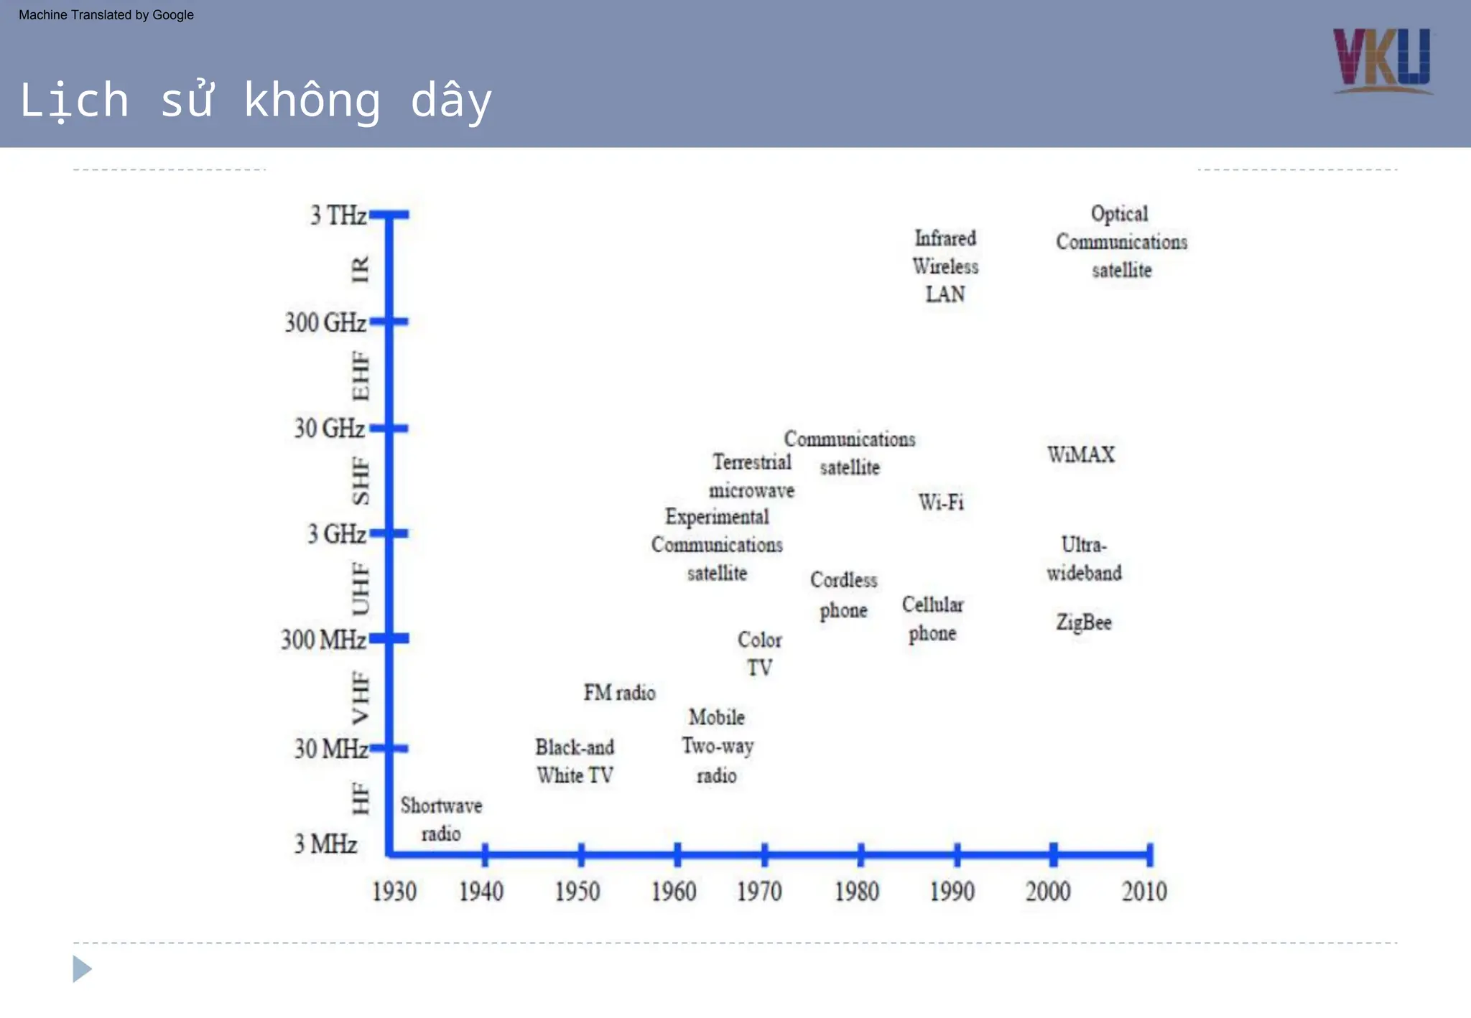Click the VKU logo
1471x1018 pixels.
pyautogui.click(x=1382, y=60)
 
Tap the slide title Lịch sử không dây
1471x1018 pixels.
pyautogui.click(x=256, y=100)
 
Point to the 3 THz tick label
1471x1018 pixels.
pyautogui.click(x=338, y=215)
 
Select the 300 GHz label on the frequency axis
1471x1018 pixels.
pyautogui.click(x=325, y=322)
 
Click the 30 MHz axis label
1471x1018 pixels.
pyautogui.click(x=331, y=749)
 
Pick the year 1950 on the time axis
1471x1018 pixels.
pyautogui.click(x=577, y=892)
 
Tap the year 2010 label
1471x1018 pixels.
pyautogui.click(x=1144, y=892)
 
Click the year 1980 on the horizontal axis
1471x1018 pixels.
pyautogui.click(x=857, y=892)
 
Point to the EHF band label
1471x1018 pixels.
pyautogui.click(x=360, y=375)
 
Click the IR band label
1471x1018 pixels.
pyautogui.click(x=360, y=269)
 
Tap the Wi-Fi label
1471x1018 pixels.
pyautogui.click(x=941, y=502)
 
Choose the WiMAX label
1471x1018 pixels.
pyautogui.click(x=1081, y=454)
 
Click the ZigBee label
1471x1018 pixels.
pyautogui.click(x=1084, y=622)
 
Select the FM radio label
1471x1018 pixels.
pyautogui.click(x=619, y=693)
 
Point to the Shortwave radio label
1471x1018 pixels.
pyautogui.click(x=441, y=819)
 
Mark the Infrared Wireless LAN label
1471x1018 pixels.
pyautogui.click(x=945, y=266)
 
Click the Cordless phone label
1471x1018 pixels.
pyautogui.click(x=844, y=595)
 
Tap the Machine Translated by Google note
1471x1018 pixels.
pyautogui.click(x=106, y=15)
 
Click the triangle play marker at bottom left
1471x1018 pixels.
pyautogui.click(x=82, y=969)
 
